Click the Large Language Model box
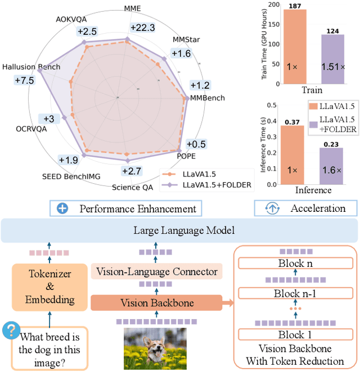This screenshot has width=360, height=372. pyautogui.click(x=179, y=230)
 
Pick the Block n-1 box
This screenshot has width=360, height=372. pyautogui.click(x=295, y=293)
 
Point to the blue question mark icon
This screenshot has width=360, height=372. pyautogui.click(x=10, y=330)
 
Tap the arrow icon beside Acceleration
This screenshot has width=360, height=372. pyautogui.click(x=272, y=208)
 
